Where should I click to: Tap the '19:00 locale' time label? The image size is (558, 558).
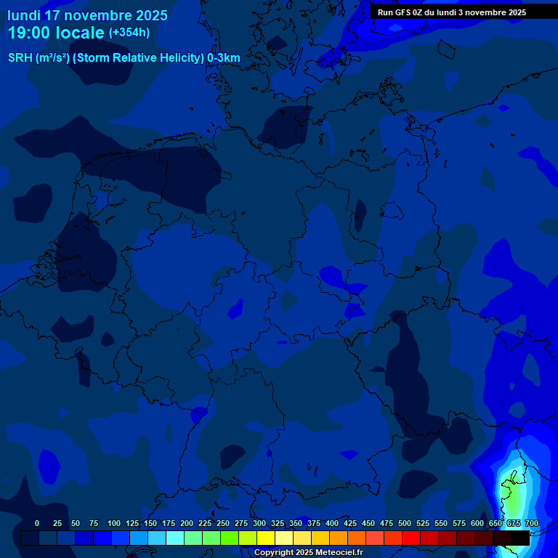[x=56, y=33]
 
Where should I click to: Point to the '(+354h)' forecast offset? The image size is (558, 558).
[x=129, y=33]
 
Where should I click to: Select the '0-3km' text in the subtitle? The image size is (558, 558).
[x=224, y=58]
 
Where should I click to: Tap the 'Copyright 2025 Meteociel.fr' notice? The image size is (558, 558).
[x=308, y=553]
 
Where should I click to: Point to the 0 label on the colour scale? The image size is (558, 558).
[x=37, y=524]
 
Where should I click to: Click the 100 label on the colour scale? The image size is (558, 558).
[x=114, y=524]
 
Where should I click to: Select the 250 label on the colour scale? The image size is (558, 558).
[x=223, y=524]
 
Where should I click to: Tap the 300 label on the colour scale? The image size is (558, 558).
[x=259, y=524]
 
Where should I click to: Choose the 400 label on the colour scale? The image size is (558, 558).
[x=332, y=524]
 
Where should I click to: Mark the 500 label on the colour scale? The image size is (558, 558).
[x=405, y=524]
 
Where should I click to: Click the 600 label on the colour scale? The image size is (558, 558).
[x=477, y=524]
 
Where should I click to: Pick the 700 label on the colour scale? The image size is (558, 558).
[x=532, y=524]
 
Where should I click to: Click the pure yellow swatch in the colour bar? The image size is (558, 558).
[x=266, y=538]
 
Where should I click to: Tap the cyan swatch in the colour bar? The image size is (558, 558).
[x=175, y=538]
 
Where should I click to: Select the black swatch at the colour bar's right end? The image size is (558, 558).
[x=520, y=538]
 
